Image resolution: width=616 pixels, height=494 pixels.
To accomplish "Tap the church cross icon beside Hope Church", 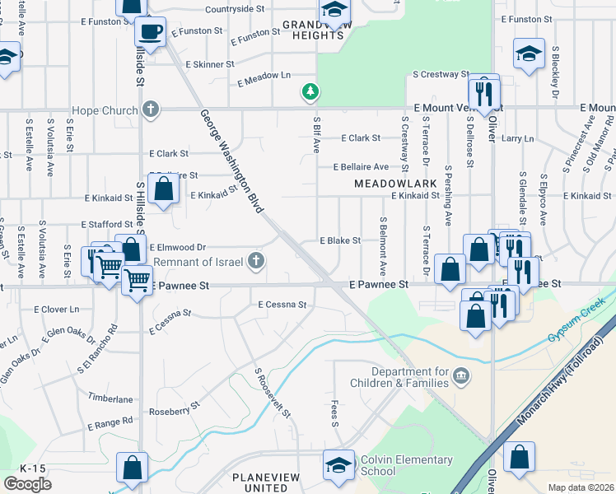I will coord(149,109).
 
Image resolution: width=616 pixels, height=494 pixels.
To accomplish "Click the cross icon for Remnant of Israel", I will coord(256,262).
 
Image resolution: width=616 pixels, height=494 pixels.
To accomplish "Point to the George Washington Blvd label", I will coord(231,161).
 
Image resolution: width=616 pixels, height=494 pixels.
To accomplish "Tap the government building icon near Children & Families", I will coord(460,376).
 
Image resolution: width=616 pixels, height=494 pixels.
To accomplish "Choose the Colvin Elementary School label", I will coord(390,465).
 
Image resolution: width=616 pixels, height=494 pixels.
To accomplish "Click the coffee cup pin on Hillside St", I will coord(150,33).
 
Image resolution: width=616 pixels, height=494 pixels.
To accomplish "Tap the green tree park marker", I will coord(310,91).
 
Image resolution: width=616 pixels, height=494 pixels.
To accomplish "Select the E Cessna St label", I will coord(282,305).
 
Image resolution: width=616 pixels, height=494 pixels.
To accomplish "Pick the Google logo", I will coord(27,483).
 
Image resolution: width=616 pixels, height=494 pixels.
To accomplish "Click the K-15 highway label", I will coord(33,468).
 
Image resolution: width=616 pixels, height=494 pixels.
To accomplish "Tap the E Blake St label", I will coord(340,240).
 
